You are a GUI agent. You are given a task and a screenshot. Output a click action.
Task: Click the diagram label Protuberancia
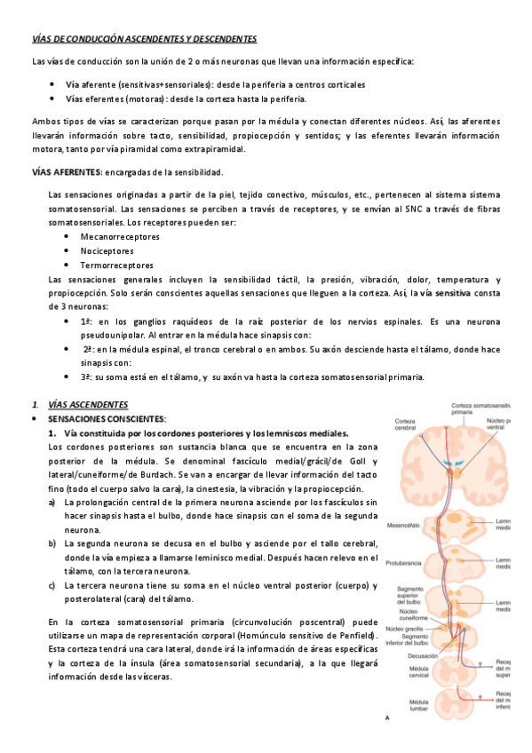click(x=406, y=561)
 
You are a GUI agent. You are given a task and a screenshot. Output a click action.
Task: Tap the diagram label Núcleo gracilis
click(x=404, y=628)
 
